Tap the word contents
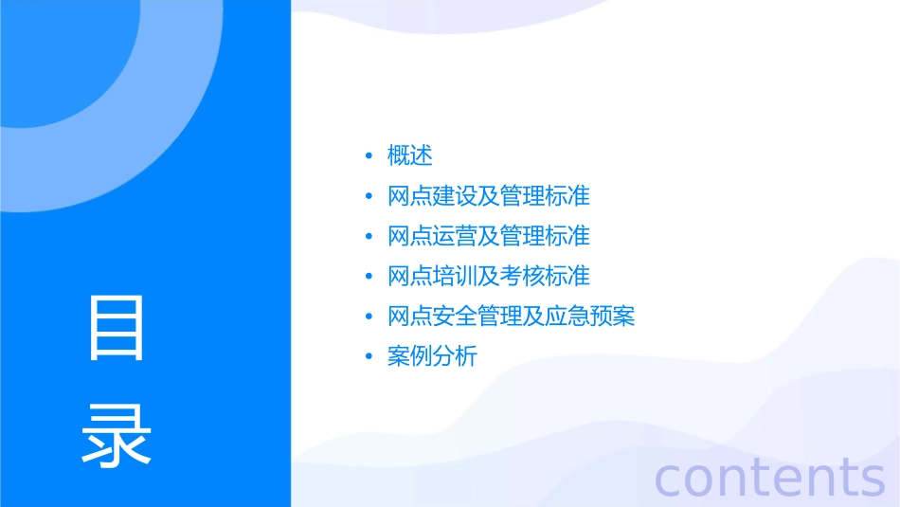(x=769, y=477)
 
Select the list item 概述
(x=410, y=155)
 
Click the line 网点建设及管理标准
(x=489, y=196)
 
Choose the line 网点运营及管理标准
(x=489, y=236)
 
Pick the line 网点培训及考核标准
(x=489, y=276)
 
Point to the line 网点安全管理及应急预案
(x=512, y=316)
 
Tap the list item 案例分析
(x=432, y=356)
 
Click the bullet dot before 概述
(x=369, y=156)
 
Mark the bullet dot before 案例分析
(x=369, y=357)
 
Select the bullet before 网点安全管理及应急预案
(x=369, y=317)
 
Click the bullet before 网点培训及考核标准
(x=369, y=277)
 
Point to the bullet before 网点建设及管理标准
(x=369, y=197)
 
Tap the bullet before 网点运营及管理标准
(x=369, y=237)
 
